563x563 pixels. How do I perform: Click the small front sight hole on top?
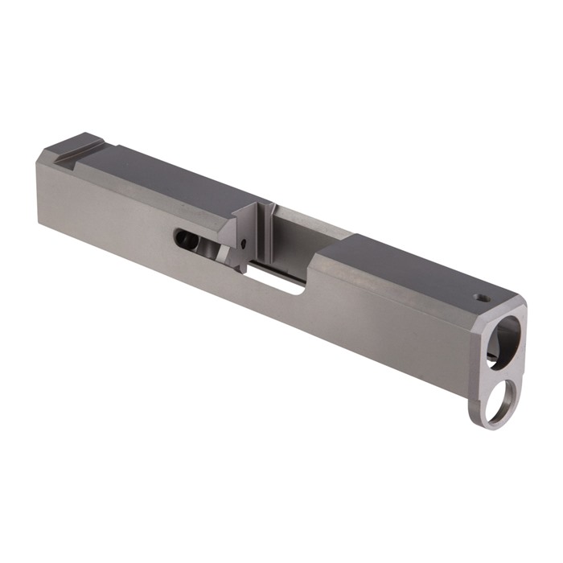click(483, 298)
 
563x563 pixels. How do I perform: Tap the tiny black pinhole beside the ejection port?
click(242, 240)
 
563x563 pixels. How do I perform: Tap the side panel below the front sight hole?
click(450, 338)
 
